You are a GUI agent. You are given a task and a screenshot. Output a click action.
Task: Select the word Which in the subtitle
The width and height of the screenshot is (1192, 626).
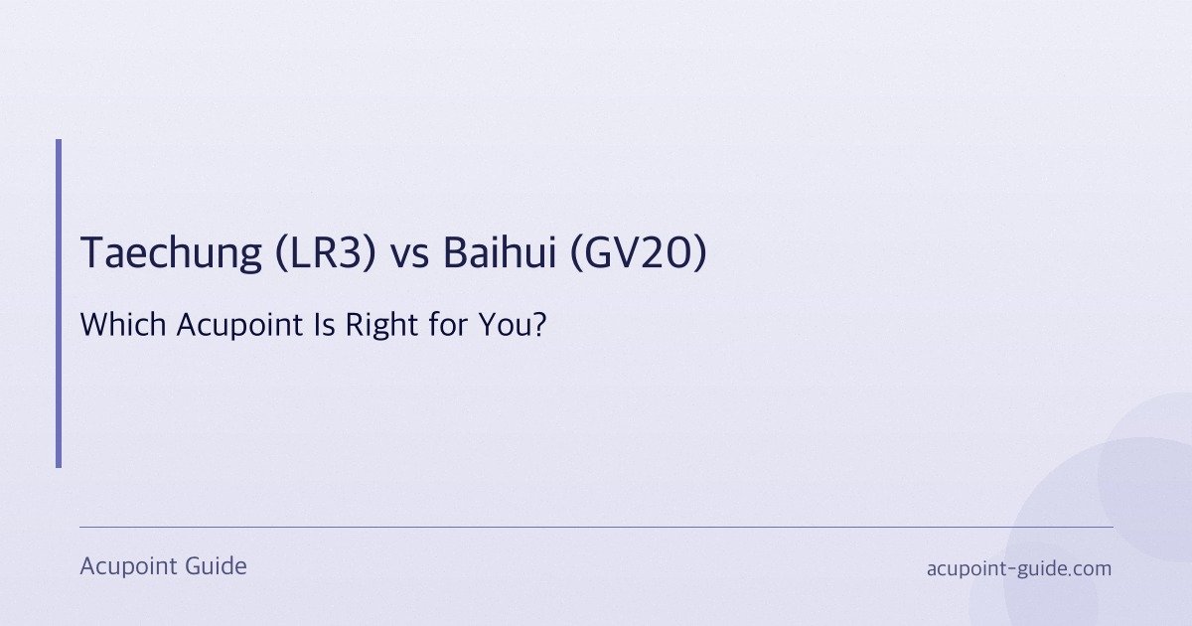pyautogui.click(x=114, y=325)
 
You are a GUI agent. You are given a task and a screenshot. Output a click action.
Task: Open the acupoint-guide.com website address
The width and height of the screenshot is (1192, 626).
pyautogui.click(x=1018, y=569)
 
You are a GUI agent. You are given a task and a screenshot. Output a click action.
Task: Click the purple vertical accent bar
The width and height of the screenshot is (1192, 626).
pyautogui.click(x=59, y=303)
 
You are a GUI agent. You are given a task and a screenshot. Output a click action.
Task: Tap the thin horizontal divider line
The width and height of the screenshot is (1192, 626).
pyautogui.click(x=596, y=527)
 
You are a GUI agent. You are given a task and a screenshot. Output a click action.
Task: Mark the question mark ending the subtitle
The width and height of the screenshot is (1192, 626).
pyautogui.click(x=539, y=325)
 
